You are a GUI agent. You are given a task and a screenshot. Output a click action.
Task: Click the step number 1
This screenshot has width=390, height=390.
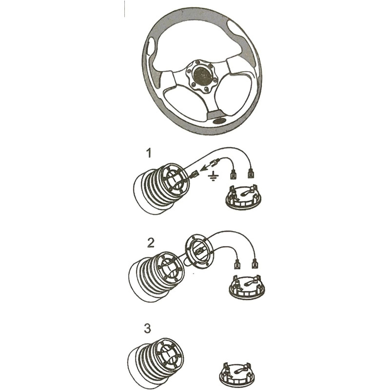pyautogui.click(x=149, y=153)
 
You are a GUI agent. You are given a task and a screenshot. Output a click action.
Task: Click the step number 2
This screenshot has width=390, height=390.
pyautogui.click(x=151, y=243)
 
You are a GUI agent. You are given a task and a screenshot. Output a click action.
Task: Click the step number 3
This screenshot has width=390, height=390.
pyautogui.click(x=147, y=328)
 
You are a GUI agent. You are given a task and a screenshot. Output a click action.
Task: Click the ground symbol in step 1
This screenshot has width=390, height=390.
pyautogui.click(x=213, y=176)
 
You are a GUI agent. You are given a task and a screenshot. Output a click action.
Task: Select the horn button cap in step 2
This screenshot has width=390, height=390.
pyautogui.click(x=247, y=287)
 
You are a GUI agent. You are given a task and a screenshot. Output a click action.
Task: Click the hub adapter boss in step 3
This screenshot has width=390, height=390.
pyautogui.click(x=156, y=362)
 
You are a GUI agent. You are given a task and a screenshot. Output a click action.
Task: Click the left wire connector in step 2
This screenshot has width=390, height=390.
pyautogui.click(x=237, y=264)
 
